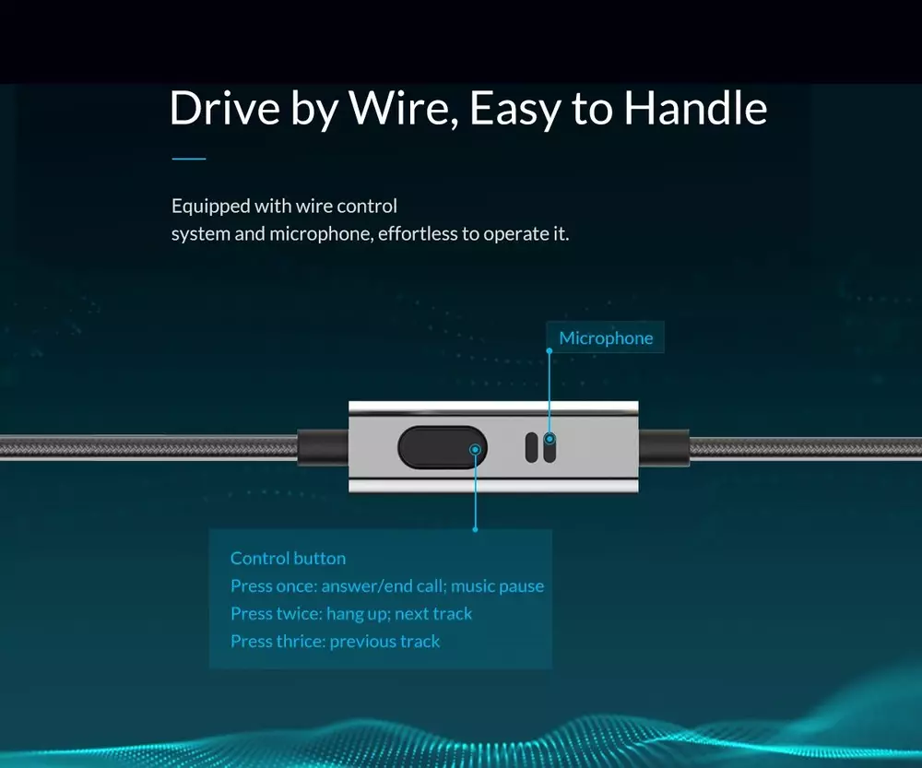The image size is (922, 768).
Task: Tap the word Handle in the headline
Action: [x=695, y=108]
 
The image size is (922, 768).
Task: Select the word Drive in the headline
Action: [x=225, y=108]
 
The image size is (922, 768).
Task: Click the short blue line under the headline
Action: [x=189, y=159]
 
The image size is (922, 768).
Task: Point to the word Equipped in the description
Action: [x=202, y=207]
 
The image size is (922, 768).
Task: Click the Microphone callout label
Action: [x=606, y=338]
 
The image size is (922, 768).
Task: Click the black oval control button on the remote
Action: [x=443, y=447]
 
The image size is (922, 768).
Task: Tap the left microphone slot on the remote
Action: [x=532, y=447]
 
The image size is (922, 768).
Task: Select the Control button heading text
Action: [x=288, y=558]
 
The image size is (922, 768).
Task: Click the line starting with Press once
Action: [x=387, y=586]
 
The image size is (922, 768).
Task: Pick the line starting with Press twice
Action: [x=351, y=614]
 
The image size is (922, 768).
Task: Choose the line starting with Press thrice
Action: [x=336, y=642]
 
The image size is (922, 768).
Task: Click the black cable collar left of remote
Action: [x=323, y=448]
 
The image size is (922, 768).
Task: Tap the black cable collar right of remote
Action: [x=664, y=448]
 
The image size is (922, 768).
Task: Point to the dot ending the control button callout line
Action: [x=475, y=529]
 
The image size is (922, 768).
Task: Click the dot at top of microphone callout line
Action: [x=550, y=351]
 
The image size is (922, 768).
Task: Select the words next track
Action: [x=433, y=614]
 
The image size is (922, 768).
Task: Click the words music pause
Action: [x=498, y=586]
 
